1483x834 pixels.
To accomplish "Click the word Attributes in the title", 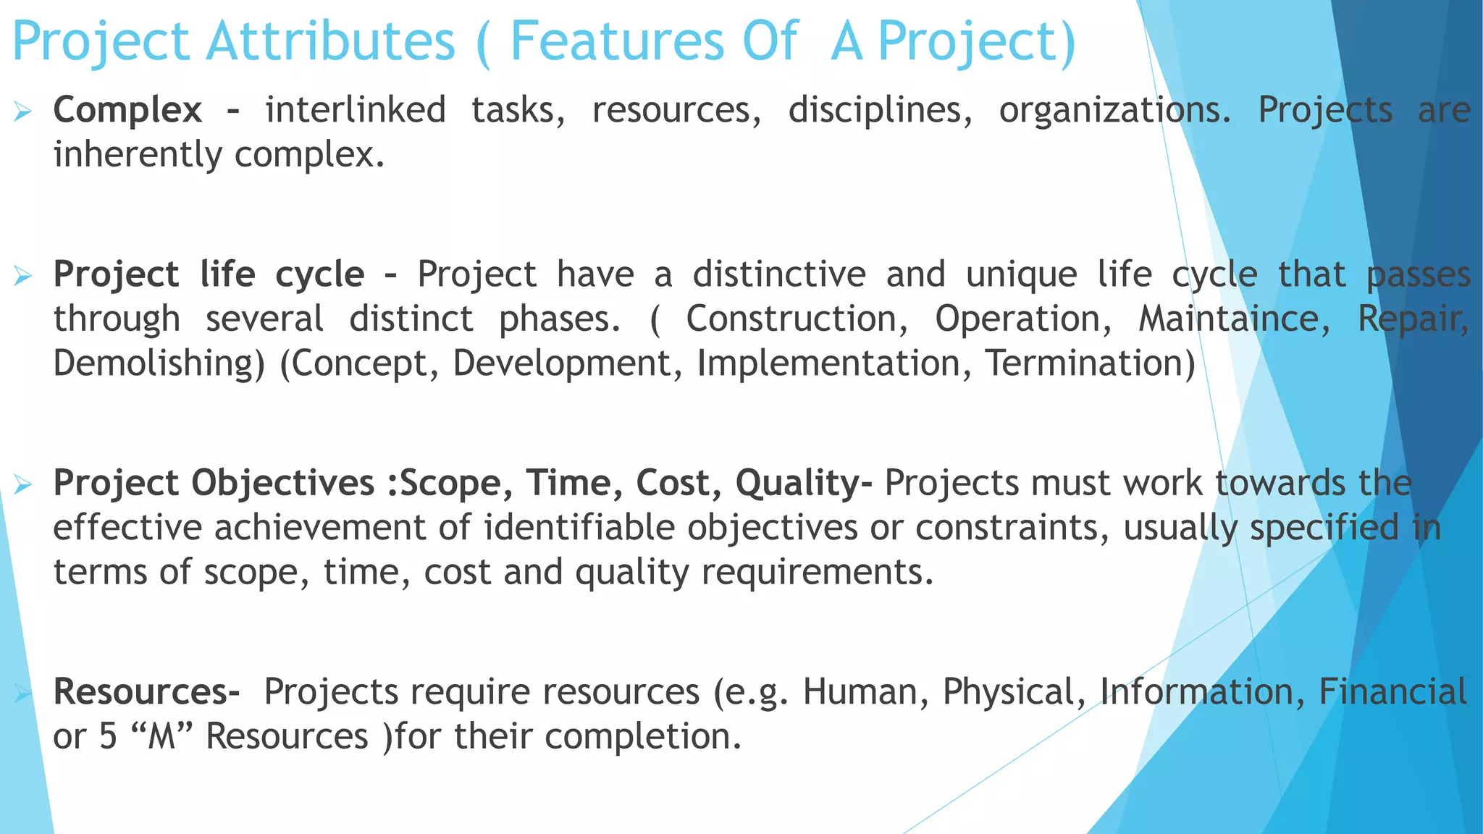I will coord(331,41).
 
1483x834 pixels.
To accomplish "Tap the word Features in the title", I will coord(617,41).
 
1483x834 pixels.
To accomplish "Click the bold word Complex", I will coord(127,111).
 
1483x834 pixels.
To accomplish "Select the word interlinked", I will coord(355,111).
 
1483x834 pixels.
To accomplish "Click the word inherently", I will coord(138,155).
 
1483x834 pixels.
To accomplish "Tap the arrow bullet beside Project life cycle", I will coord(22,276).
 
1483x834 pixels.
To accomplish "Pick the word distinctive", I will coord(779,275).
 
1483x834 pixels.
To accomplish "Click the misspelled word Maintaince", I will coord(1234,319).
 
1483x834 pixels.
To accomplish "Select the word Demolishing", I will coord(159,363).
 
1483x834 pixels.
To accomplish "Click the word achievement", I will coord(342,528).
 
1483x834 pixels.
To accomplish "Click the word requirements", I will coord(817,572).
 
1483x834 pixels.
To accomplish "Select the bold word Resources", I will coord(146,692).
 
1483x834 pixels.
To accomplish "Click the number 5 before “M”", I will coord(108,737).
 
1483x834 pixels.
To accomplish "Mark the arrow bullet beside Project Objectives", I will coord(22,484).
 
